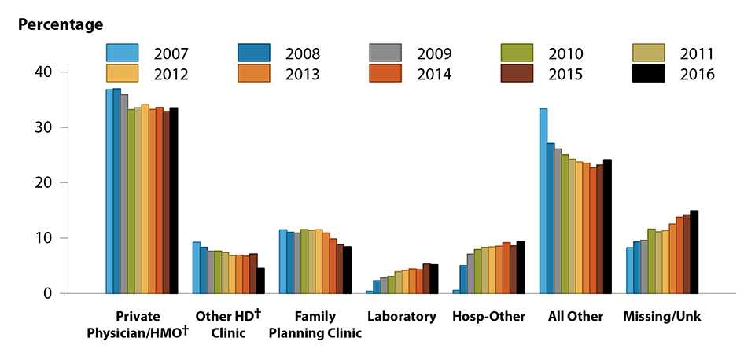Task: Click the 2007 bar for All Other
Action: [543, 201]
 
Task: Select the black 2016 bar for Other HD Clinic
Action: [260, 281]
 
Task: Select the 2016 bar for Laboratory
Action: [434, 279]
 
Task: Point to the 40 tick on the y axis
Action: [62, 72]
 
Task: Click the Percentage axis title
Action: [61, 24]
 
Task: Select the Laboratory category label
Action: [401, 317]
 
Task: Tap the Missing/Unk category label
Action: [662, 317]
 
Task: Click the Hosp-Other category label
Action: [488, 317]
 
